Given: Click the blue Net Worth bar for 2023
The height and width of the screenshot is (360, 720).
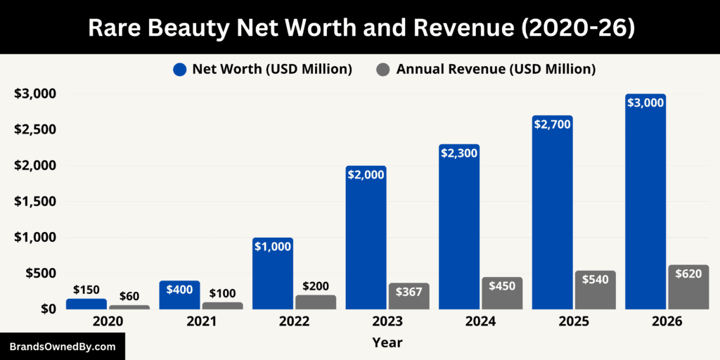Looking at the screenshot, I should click(366, 239).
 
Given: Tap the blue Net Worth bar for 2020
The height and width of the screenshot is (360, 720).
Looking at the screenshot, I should click(86, 304).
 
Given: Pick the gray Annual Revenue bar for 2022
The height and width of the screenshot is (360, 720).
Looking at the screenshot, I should click(316, 302).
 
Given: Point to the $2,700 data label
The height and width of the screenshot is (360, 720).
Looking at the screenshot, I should click(552, 124).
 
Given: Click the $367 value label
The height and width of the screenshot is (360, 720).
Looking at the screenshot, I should click(409, 292).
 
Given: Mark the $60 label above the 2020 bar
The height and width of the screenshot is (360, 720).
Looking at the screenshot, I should click(129, 295).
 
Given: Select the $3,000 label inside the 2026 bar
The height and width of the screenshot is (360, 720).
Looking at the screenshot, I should click(645, 103).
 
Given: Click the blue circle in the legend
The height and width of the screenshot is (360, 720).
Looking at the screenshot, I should click(180, 70).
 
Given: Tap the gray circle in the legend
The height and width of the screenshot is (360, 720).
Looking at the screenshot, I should click(383, 70).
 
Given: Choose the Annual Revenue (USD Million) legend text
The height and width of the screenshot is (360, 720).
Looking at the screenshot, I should click(496, 70).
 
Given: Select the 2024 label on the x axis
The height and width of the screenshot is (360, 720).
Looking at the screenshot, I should click(481, 322).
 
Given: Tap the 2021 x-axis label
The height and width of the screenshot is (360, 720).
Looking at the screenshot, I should click(201, 322).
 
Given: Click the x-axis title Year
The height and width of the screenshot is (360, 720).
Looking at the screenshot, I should click(387, 342).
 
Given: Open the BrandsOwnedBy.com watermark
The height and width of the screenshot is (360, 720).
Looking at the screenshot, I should click(62, 347).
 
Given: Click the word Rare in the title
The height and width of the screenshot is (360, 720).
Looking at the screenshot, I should click(117, 27).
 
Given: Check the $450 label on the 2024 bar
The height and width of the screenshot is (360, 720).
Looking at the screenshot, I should click(502, 286).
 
